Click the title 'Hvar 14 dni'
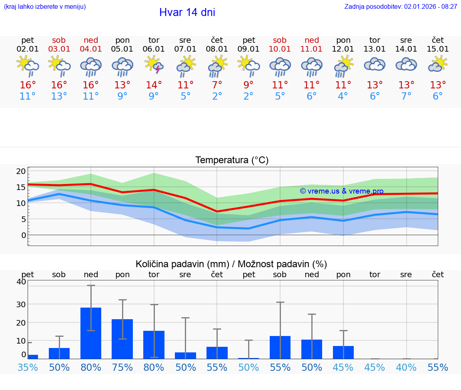187,12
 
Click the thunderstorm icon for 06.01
154,65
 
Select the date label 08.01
217,49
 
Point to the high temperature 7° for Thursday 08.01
217,85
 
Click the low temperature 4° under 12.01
343,96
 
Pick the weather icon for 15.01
438,64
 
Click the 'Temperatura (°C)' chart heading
232,160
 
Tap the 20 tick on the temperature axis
21,171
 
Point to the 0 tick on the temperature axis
23,235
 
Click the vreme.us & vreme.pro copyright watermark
341,191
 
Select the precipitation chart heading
231,264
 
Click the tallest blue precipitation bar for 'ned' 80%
91,333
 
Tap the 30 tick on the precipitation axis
21,304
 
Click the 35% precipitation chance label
28,368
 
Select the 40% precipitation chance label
406,368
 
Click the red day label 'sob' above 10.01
280,40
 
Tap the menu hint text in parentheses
45,7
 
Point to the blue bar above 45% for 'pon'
343,352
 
